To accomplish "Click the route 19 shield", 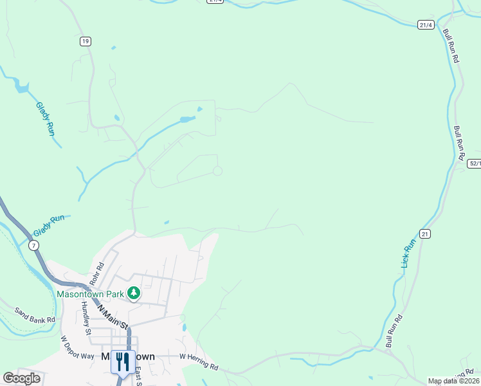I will pos(86,41).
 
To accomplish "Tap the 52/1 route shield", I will pos(474,163).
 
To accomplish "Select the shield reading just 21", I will pos(425,234).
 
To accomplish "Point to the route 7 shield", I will pos(33,245).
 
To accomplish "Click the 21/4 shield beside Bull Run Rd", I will pos(425,25).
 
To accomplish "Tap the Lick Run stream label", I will pos(407,253).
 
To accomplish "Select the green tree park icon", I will pos(134,293).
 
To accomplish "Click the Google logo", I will pos(21,378).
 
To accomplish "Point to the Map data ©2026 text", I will pos(453,381).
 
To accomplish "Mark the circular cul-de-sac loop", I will pos(217,170).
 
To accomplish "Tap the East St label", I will pos(139,377).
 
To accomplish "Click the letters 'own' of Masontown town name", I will pos(144,356).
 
